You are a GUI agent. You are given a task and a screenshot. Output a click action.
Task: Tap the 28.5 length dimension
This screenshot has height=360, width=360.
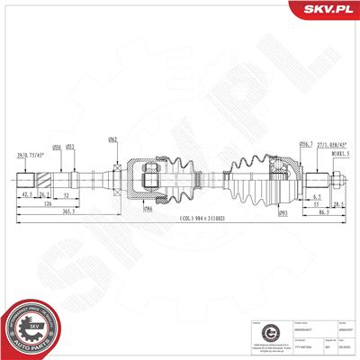pos(339,203)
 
